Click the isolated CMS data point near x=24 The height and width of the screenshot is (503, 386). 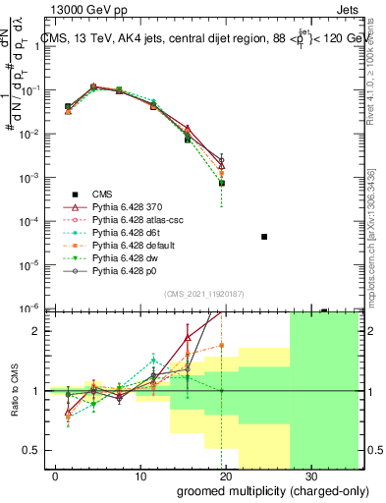coord(264,237)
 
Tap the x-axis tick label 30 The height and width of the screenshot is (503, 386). coord(310,475)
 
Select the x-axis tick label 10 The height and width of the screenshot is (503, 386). coord(140,475)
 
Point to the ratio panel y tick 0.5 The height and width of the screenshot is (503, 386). coord(29,450)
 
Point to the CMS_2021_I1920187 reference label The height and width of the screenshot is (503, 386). coord(203,295)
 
